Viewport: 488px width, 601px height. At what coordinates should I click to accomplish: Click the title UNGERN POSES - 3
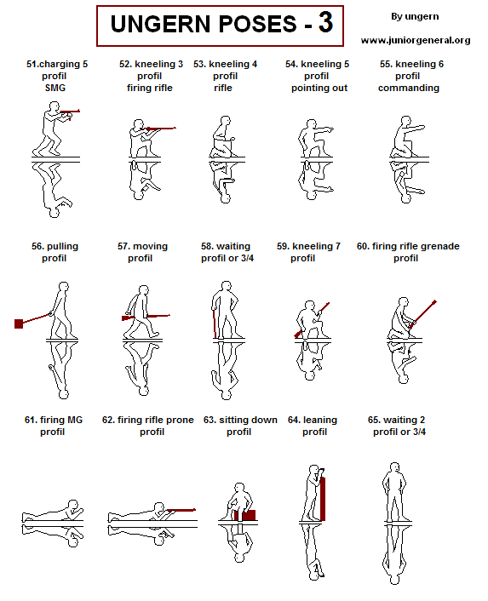[219, 25]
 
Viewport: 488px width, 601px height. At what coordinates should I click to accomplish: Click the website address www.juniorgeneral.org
[415, 40]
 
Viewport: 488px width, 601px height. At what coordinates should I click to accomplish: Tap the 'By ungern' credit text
[415, 17]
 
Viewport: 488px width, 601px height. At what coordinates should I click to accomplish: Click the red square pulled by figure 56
[19, 323]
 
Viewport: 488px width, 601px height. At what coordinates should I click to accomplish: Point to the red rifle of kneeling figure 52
[161, 129]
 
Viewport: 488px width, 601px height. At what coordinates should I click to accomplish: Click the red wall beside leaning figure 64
[322, 499]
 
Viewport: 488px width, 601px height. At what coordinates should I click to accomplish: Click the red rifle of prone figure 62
[179, 510]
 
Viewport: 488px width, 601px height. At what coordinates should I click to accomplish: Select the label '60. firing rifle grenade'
[407, 246]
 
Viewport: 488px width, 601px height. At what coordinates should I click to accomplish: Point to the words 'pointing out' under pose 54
[319, 88]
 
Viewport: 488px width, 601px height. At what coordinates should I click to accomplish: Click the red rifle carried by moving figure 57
[146, 317]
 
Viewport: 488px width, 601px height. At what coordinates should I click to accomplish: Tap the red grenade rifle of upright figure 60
[423, 312]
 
